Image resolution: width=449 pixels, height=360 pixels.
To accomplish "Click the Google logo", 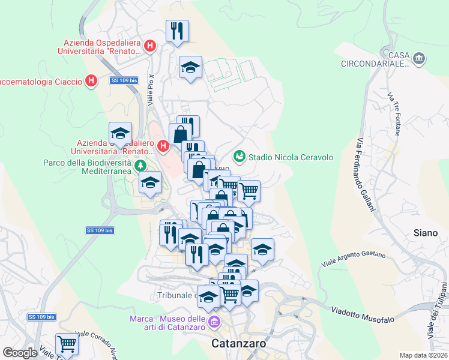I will pyautogui.click(x=20, y=353).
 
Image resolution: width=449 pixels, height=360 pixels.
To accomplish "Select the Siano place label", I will pyautogui.click(x=426, y=232).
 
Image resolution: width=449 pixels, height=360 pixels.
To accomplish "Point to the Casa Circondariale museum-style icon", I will pyautogui.click(x=419, y=59).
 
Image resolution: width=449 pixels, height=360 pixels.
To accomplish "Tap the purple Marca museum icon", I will pyautogui.click(x=213, y=323).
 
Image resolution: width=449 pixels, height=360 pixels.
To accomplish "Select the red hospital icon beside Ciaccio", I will pyautogui.click(x=91, y=80).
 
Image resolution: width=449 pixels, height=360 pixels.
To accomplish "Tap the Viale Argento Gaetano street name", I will pyautogui.click(x=354, y=259).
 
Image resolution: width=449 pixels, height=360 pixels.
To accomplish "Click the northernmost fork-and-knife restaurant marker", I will pyautogui.click(x=177, y=31).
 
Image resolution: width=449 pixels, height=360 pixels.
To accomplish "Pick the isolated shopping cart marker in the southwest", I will pyautogui.click(x=67, y=344).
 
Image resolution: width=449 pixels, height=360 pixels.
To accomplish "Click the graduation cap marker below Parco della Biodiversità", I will pyautogui.click(x=150, y=183).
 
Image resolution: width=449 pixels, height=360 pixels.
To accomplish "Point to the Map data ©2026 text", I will pyautogui.click(x=423, y=355).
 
